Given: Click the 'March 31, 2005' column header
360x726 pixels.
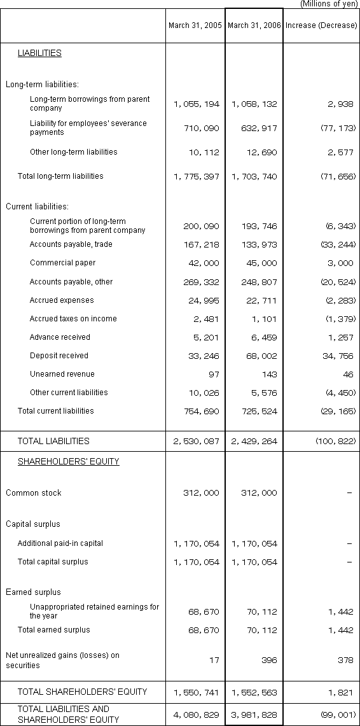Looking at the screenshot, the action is click(195, 25).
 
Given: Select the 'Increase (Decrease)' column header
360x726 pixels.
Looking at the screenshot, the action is click(321, 25).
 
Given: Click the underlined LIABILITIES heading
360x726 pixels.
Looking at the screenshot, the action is click(39, 53).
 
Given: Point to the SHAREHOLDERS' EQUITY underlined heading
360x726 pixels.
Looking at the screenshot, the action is click(68, 461).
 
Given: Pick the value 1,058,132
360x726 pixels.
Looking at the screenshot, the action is click(254, 104).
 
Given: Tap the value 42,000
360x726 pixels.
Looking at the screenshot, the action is click(205, 263).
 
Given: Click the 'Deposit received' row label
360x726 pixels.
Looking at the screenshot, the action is click(59, 356).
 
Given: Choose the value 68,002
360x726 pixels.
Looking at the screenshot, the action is click(263, 356).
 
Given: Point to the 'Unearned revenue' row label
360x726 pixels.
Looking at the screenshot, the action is click(59, 374).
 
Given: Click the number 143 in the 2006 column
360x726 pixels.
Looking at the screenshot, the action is click(270, 375).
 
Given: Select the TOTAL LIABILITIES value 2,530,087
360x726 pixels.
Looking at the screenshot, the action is click(196, 441).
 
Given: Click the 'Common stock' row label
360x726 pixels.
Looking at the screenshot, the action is click(34, 492).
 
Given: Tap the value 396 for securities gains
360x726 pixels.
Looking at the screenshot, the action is click(270, 660).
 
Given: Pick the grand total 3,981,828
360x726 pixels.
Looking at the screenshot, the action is click(254, 715).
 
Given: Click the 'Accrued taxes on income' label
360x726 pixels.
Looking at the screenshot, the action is click(73, 319).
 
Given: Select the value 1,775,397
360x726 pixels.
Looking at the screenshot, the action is click(196, 176).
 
